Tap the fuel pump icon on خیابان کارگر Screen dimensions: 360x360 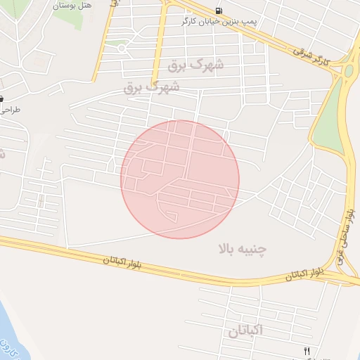[220, 11]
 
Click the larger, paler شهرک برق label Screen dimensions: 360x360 [197, 65]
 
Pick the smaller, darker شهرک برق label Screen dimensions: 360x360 [151, 87]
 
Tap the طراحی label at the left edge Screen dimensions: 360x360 [10, 110]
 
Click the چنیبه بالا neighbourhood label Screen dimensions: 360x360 [243, 249]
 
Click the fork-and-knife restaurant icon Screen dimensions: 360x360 [307, 350]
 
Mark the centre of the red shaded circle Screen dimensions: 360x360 [180, 179]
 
